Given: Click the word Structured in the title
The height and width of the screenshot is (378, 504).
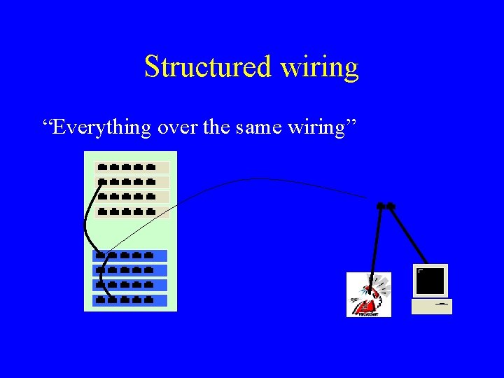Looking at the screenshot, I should coord(207,67).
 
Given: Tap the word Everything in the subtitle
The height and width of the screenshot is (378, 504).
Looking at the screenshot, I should coord(97,127).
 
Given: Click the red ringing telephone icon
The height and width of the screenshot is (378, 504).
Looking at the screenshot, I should coord(369,295).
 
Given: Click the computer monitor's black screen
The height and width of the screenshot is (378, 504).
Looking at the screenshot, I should coord(430,281).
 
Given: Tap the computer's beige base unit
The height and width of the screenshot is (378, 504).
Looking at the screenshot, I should coord(432,306).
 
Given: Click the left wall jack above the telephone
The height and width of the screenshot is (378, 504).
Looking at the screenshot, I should coord(380,206).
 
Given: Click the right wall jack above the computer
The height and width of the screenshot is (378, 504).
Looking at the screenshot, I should coord(391,206).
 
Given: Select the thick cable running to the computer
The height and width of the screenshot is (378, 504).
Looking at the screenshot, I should coord(409,235).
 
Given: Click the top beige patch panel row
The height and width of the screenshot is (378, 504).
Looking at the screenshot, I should coord(132,168).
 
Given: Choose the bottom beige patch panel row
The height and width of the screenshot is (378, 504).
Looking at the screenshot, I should coord(132,211).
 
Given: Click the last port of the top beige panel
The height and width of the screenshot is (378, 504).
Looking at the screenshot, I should coord(150,168).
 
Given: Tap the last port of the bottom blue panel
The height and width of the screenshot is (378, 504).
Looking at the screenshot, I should coord(149,300).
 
